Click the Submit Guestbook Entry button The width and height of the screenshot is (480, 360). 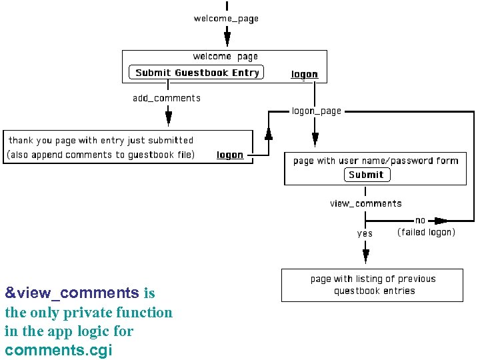197,73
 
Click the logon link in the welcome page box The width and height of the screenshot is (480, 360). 305,74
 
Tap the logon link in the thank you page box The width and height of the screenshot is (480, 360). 230,155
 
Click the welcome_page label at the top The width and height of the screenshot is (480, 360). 226,19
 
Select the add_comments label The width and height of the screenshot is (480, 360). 167,98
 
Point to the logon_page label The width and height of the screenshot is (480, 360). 317,111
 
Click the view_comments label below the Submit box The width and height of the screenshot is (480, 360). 366,203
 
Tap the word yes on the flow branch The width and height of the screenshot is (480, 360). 365,233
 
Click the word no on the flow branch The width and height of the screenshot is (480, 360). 420,220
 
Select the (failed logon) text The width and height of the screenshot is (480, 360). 426,232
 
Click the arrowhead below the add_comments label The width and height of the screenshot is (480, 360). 169,118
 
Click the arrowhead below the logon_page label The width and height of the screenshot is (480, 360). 315,138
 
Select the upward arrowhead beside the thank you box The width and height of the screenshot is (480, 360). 269,133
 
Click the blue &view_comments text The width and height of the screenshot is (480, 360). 72,293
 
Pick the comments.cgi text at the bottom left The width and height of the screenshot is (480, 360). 59,350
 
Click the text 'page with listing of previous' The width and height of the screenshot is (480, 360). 373,279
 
